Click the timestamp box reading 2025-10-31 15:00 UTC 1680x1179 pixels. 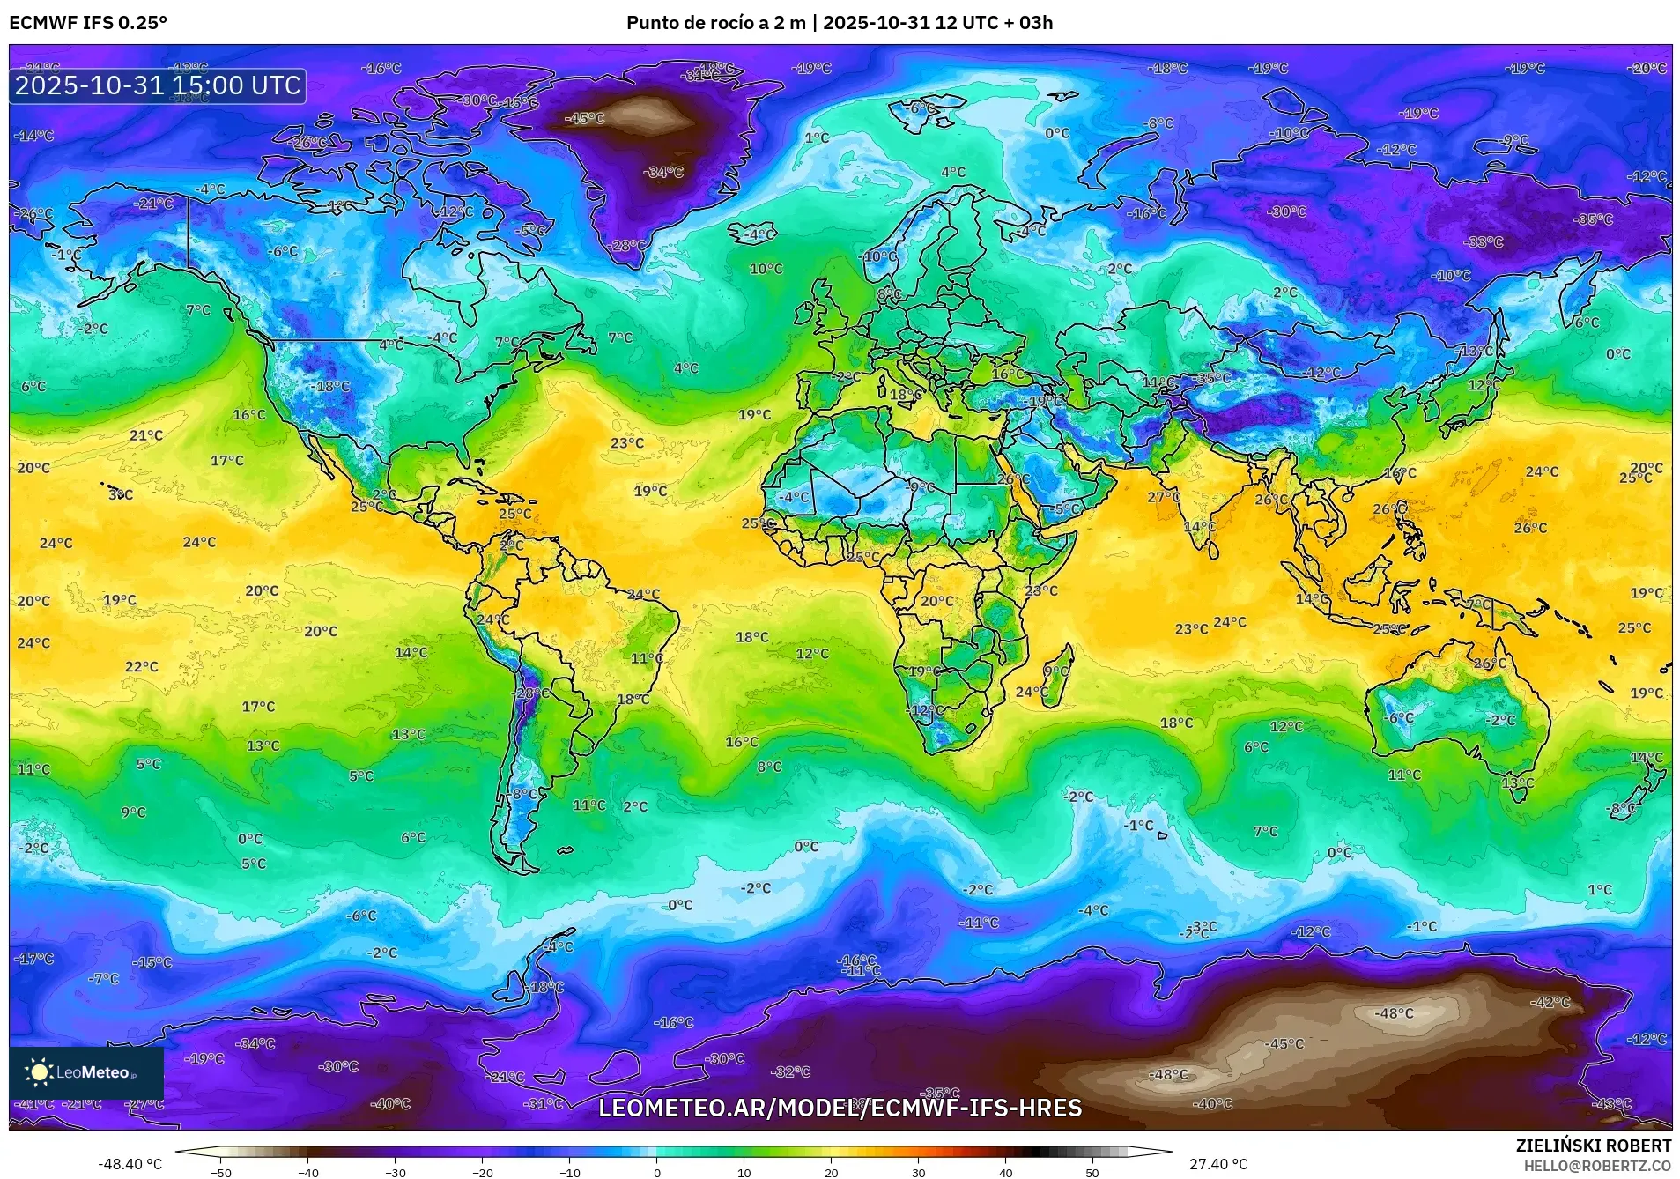click(158, 85)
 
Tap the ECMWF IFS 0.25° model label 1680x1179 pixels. click(87, 23)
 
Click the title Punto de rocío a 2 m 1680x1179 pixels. click(715, 23)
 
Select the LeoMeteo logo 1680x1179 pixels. click(85, 1072)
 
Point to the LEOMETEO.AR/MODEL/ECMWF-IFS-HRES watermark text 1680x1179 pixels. click(840, 1108)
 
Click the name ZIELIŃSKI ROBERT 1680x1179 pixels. click(1593, 1146)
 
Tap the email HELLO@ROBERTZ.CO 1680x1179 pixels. click(1597, 1165)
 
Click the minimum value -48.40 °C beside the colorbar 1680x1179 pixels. click(130, 1164)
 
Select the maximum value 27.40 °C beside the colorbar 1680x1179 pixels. click(1218, 1164)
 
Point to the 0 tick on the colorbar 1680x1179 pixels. click(657, 1172)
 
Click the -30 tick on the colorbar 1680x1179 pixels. click(396, 1172)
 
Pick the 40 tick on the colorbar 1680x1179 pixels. click(1005, 1172)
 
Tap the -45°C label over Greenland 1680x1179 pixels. click(585, 118)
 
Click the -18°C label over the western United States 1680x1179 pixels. click(332, 386)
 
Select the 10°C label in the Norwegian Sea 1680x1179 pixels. click(766, 269)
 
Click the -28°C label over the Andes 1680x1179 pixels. click(531, 693)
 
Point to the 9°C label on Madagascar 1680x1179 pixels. click(1055, 671)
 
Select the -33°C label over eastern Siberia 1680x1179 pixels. click(1484, 241)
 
